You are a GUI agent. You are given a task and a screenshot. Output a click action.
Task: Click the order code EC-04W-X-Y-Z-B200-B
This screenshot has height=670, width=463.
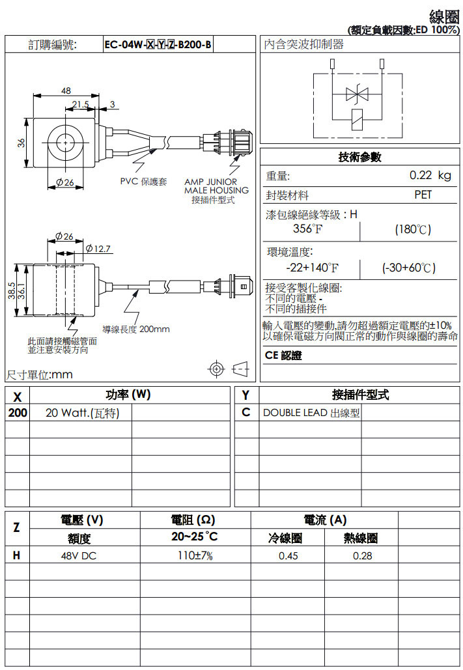point(158,44)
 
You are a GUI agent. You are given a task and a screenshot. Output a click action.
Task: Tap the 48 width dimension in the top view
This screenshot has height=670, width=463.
point(66,91)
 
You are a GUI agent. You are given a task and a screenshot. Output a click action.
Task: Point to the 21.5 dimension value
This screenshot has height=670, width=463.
point(81,104)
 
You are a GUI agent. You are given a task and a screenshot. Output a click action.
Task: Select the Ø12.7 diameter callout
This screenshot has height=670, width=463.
point(99,248)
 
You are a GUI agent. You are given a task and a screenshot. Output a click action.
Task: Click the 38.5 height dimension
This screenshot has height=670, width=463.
point(12,290)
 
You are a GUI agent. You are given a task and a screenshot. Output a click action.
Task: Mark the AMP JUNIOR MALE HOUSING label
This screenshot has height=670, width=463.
point(216,186)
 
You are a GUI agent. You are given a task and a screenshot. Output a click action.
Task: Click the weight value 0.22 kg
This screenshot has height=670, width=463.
point(430,176)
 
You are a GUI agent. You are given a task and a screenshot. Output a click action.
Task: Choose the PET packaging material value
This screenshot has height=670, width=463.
point(423,195)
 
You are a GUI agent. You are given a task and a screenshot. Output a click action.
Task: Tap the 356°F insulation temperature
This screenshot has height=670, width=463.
point(307,229)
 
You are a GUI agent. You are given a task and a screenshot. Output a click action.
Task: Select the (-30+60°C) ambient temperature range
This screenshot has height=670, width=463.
point(408,268)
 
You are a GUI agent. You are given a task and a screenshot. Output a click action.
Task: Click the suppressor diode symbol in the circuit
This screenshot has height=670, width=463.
point(356,94)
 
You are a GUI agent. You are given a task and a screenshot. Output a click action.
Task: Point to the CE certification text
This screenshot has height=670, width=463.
point(284,356)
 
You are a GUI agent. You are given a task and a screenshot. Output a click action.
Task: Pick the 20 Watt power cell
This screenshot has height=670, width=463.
point(82,413)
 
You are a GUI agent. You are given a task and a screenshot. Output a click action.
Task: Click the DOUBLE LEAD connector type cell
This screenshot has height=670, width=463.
point(311,413)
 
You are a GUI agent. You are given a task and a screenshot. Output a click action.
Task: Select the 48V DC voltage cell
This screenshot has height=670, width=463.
point(79,556)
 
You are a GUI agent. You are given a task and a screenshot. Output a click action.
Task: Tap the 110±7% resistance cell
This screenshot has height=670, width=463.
point(195,556)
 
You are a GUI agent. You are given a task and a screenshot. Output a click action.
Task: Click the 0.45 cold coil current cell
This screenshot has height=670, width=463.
point(288,556)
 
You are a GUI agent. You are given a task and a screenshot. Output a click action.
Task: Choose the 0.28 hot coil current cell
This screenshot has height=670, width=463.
point(362,556)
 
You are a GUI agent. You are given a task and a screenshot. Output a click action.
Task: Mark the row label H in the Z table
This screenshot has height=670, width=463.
point(17,555)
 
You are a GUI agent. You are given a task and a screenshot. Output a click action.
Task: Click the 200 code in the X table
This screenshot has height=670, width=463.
point(18,413)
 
